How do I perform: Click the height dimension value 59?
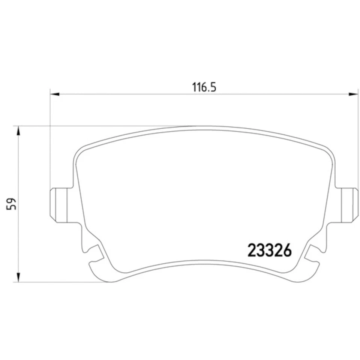(14, 204)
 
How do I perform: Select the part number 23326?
(269, 250)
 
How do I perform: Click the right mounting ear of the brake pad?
(349, 204)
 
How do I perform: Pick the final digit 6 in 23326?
(286, 250)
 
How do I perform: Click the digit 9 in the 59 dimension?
(14, 199)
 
